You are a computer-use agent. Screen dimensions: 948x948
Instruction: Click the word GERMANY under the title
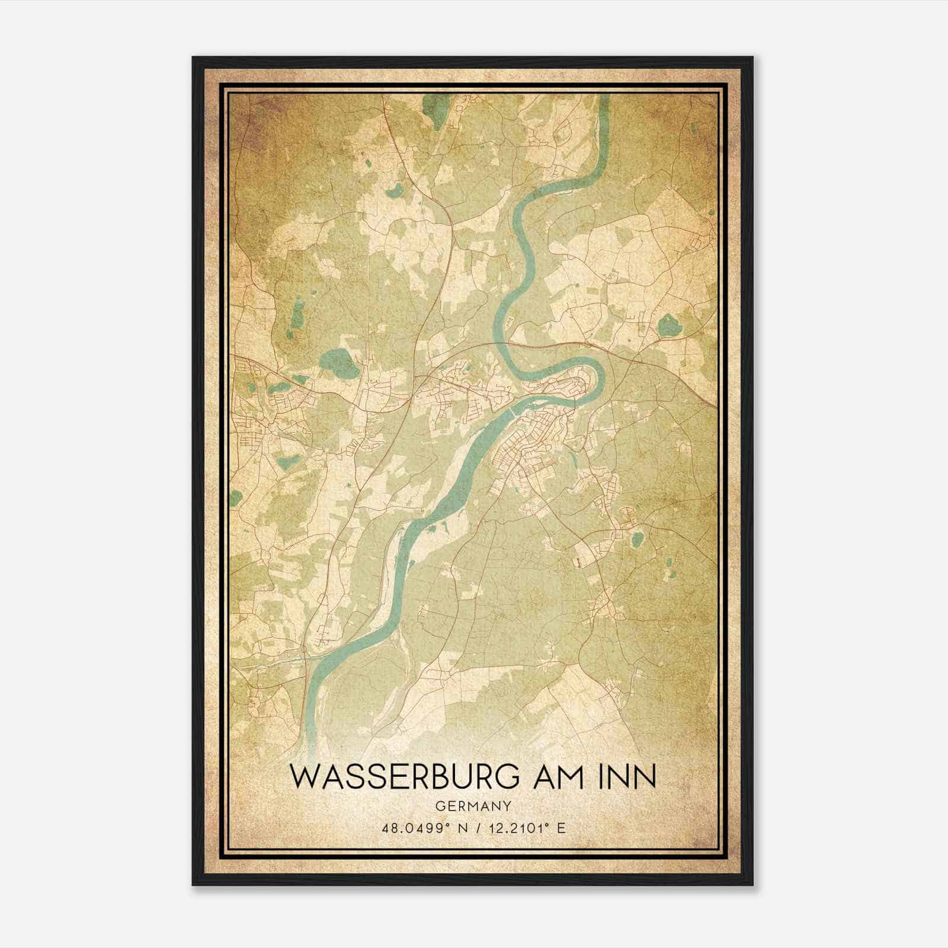click(x=473, y=806)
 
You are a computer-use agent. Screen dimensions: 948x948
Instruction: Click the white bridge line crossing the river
click(x=510, y=409)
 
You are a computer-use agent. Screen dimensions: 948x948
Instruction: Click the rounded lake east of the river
click(x=669, y=325)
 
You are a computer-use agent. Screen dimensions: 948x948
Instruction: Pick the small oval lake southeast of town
click(x=638, y=539)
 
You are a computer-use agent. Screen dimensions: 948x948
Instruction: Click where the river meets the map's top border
click(x=604, y=97)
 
